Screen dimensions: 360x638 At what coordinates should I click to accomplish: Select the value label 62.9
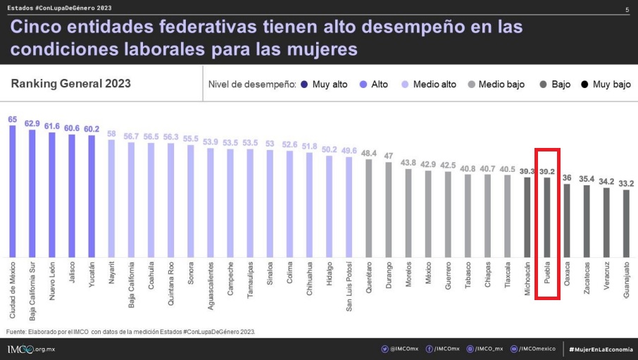[32, 123]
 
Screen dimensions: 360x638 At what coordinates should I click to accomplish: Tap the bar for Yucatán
[92, 197]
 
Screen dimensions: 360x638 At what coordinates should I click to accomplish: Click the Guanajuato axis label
[627, 280]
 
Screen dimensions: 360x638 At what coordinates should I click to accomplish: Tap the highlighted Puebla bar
[547, 218]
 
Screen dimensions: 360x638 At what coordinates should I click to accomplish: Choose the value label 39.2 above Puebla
[547, 171]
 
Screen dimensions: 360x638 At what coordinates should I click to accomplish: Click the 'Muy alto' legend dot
[304, 85]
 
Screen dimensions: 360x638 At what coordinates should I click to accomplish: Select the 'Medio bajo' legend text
[501, 85]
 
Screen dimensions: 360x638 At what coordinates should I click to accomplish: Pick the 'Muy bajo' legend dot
[584, 85]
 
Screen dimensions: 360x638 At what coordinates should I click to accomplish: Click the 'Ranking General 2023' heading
[70, 84]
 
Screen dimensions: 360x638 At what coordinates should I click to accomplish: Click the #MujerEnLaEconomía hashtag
[601, 349]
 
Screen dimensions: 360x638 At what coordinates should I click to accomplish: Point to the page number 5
[627, 10]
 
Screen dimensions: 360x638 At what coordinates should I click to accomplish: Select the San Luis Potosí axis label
[349, 286]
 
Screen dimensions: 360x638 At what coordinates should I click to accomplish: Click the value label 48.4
[368, 153]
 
